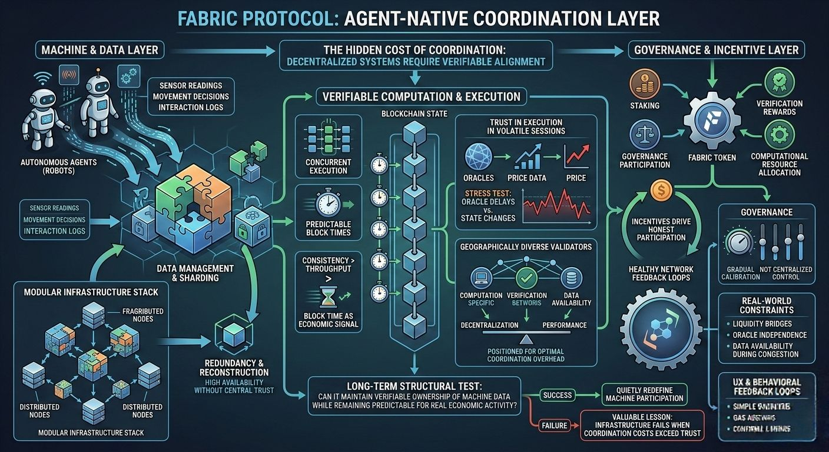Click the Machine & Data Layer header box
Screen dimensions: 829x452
[99, 50]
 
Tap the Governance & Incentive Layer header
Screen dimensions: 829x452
[716, 50]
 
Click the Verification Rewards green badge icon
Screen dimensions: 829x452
[779, 82]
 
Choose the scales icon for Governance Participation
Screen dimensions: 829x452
[644, 135]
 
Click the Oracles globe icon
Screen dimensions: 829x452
[478, 158]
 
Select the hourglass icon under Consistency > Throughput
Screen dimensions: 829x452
[327, 298]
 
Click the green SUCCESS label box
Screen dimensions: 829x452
[556, 395]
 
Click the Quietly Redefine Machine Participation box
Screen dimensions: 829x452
[644, 394]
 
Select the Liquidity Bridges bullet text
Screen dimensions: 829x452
[762, 324]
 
